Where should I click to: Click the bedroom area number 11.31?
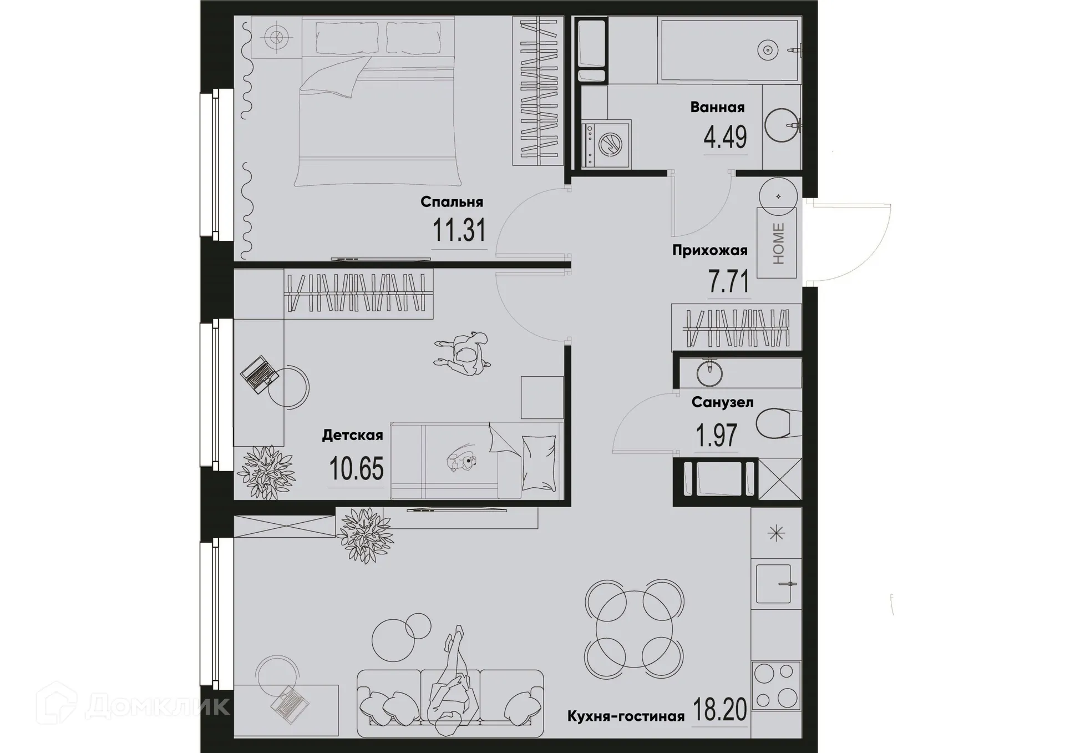[x=459, y=230]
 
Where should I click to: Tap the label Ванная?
[x=717, y=107]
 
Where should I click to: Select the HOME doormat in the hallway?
[x=777, y=243]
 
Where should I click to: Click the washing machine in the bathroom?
[x=607, y=144]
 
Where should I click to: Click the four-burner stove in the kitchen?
[x=776, y=685]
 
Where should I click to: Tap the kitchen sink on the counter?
[x=774, y=583]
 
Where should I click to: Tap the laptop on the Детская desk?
[x=258, y=373]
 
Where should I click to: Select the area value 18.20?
[x=719, y=710]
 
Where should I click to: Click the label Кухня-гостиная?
[x=626, y=716]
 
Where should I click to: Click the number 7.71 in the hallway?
[x=728, y=281]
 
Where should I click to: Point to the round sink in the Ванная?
[x=781, y=125]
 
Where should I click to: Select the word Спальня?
[x=452, y=201]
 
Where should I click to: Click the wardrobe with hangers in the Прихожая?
[x=736, y=327]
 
